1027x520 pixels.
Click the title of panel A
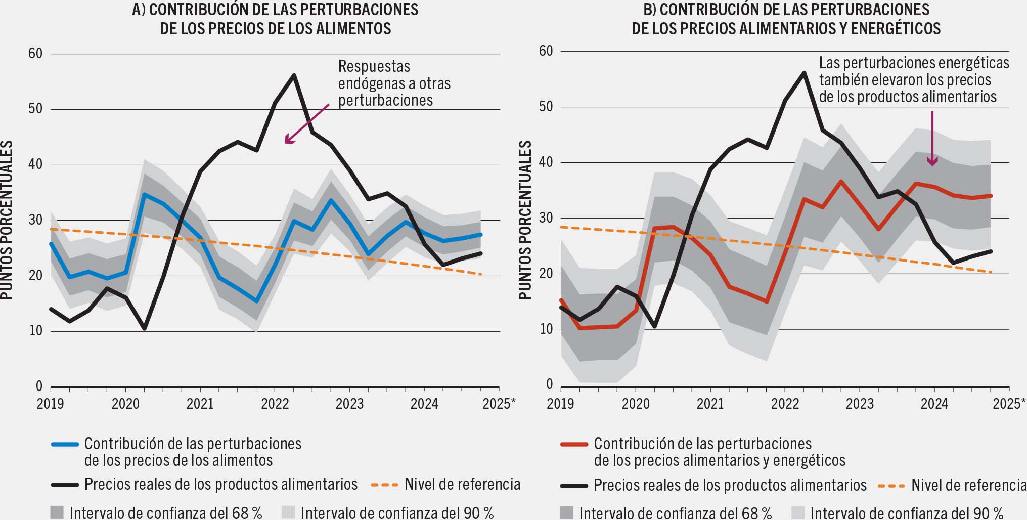276,19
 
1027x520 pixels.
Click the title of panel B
786,19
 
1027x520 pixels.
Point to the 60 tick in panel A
35,54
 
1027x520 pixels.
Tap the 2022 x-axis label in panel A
275,404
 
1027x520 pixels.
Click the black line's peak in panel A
294,75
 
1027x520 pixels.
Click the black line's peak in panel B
804,72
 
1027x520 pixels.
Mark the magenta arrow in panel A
306,124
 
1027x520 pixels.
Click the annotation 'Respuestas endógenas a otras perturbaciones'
394,83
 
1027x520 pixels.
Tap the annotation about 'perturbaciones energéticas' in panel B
913,80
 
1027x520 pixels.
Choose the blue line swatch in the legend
65,445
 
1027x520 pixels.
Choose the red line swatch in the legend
574,445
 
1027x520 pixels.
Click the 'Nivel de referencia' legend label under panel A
462,484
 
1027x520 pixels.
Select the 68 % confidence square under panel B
567,512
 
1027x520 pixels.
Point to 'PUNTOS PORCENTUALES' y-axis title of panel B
525,221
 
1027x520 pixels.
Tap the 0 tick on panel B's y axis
549,385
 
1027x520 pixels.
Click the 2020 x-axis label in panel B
635,404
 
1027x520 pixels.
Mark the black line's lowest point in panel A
145,329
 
